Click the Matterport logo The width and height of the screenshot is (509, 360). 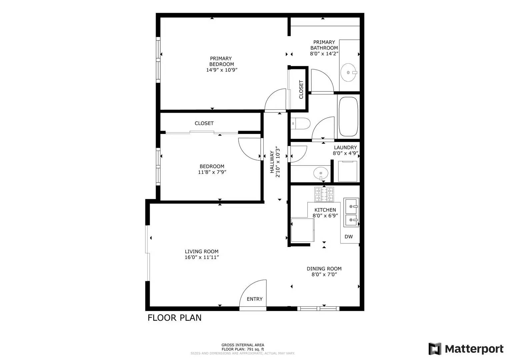click(x=466, y=349)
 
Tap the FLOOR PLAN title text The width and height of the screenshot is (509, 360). click(x=175, y=318)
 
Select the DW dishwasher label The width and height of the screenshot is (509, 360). click(x=349, y=237)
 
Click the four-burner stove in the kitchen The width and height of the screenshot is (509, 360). click(x=324, y=195)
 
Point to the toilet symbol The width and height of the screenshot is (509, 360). click(x=300, y=124)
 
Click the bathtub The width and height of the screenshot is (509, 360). click(x=348, y=117)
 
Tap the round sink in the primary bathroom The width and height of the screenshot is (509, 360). click(x=348, y=73)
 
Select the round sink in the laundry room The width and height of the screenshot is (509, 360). click(x=321, y=173)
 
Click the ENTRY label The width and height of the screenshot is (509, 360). click(x=255, y=299)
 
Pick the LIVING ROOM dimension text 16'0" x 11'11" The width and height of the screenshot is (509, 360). click(x=202, y=257)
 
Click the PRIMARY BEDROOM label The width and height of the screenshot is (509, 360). click(x=221, y=61)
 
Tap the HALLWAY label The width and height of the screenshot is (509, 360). click(x=272, y=162)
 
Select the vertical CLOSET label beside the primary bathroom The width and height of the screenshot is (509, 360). click(x=301, y=89)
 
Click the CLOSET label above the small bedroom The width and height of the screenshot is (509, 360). click(x=204, y=123)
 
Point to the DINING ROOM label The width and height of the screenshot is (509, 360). click(x=324, y=269)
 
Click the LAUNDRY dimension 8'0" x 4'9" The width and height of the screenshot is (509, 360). click(x=345, y=153)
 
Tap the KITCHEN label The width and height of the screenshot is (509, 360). click(x=325, y=210)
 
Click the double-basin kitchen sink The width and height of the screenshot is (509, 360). click(x=351, y=212)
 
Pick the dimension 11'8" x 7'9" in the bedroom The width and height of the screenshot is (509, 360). click(x=212, y=172)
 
